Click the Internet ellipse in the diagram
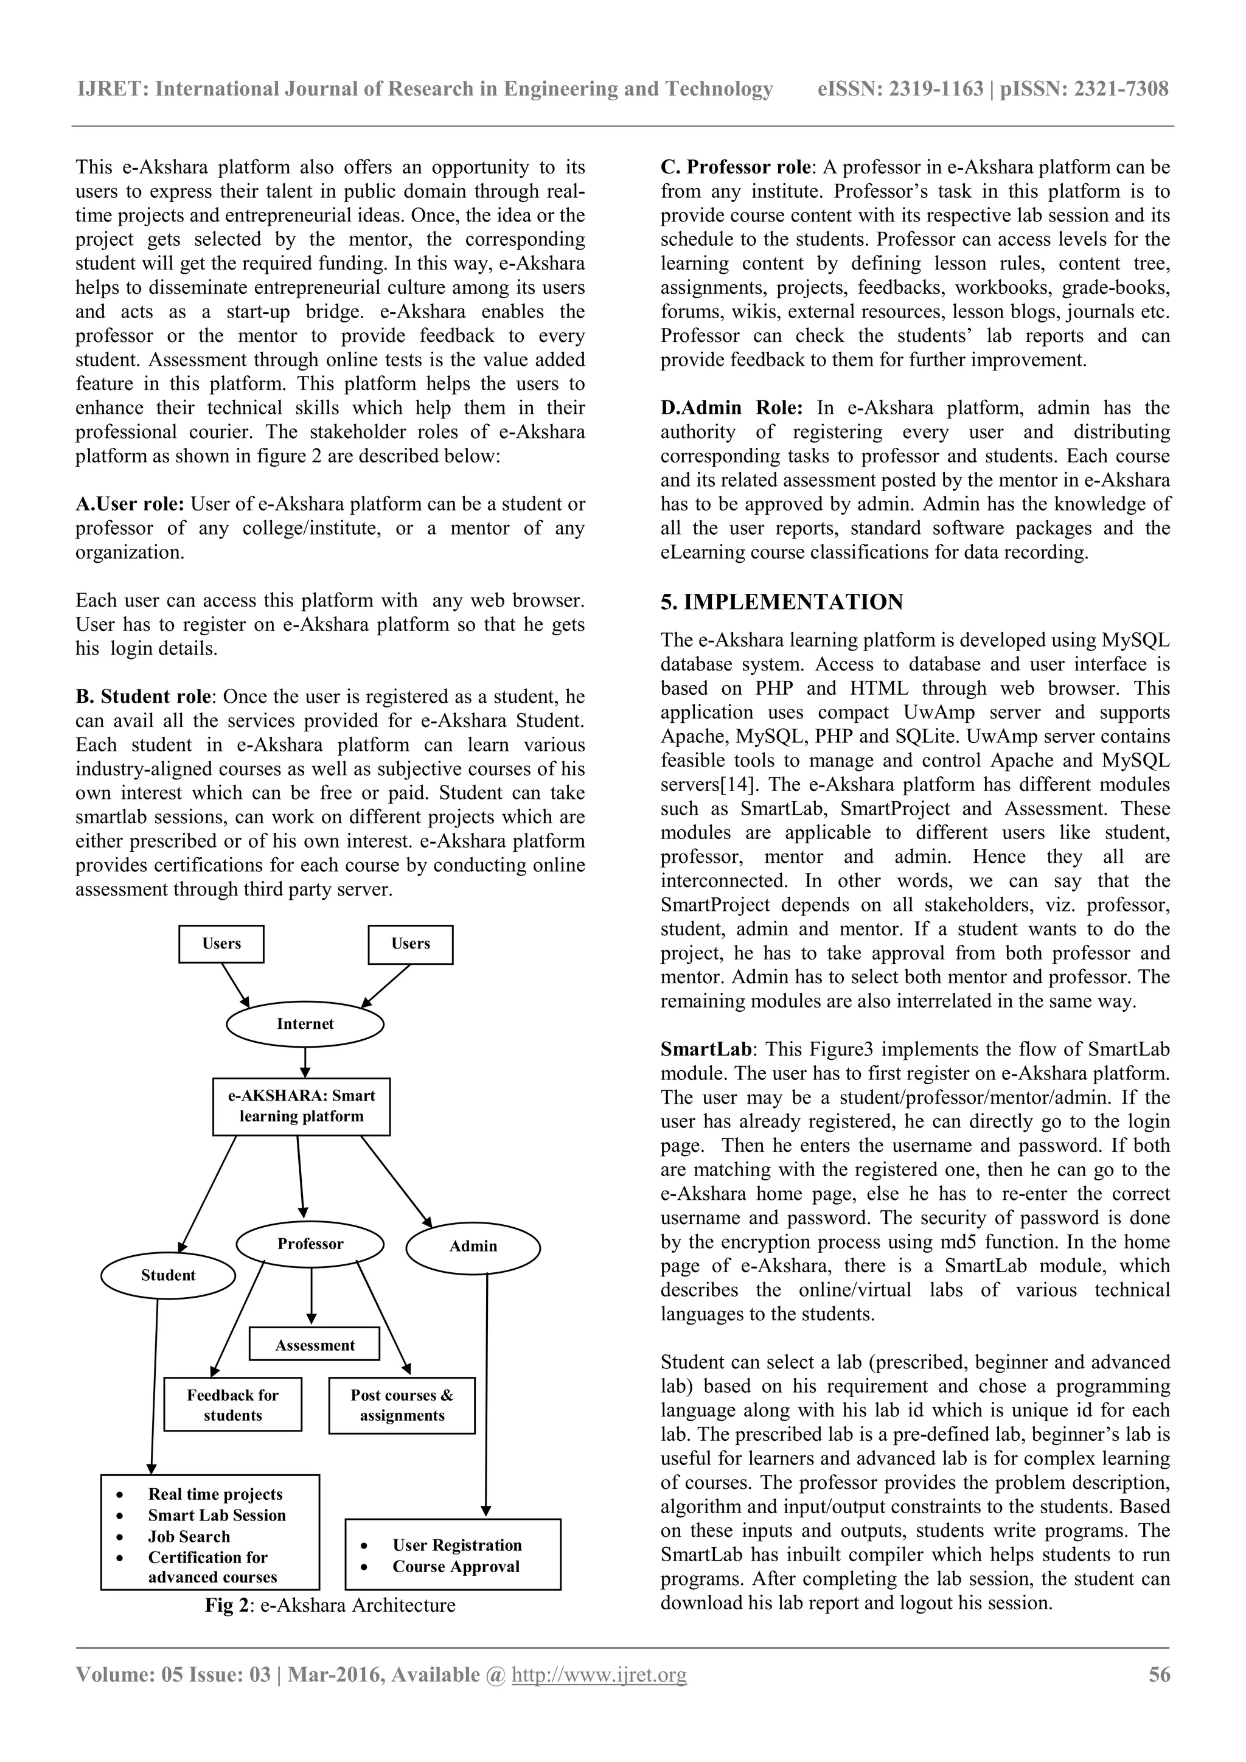coord(305,1024)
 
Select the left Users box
coord(221,944)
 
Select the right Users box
coord(411,944)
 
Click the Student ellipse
coord(168,1275)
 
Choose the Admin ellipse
coord(473,1245)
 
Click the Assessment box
coord(315,1345)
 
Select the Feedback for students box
coord(232,1404)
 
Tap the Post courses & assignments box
coord(402,1405)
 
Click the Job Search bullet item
coord(189,1536)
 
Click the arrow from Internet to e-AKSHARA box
coord(305,1063)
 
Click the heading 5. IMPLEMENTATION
coord(782,602)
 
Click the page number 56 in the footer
coord(1158,1674)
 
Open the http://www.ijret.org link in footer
coord(599,1674)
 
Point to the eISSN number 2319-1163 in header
coord(936,89)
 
